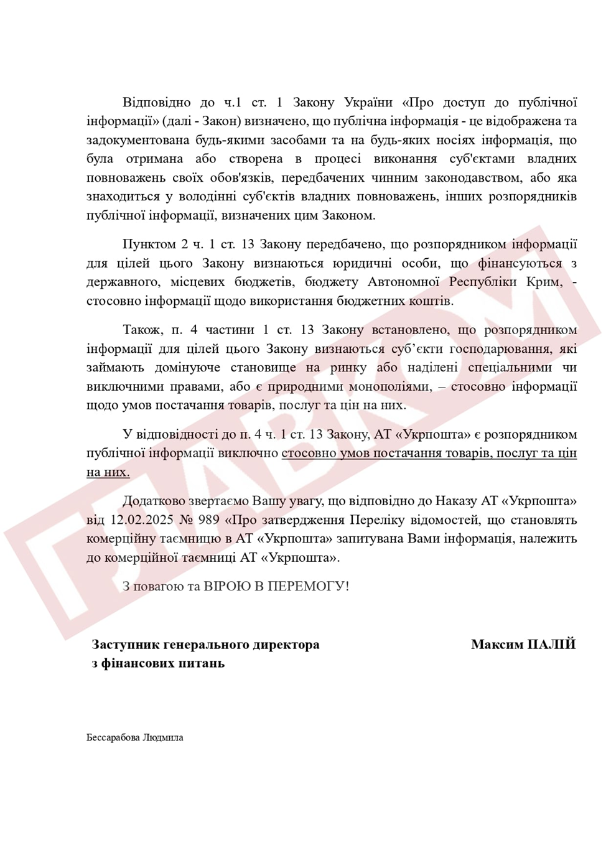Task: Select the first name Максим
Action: coord(496,644)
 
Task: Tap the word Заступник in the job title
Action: coord(124,645)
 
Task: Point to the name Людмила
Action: coord(163,737)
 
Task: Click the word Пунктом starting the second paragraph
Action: coord(149,244)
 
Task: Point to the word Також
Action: coord(142,330)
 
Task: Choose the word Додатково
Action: coord(154,501)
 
